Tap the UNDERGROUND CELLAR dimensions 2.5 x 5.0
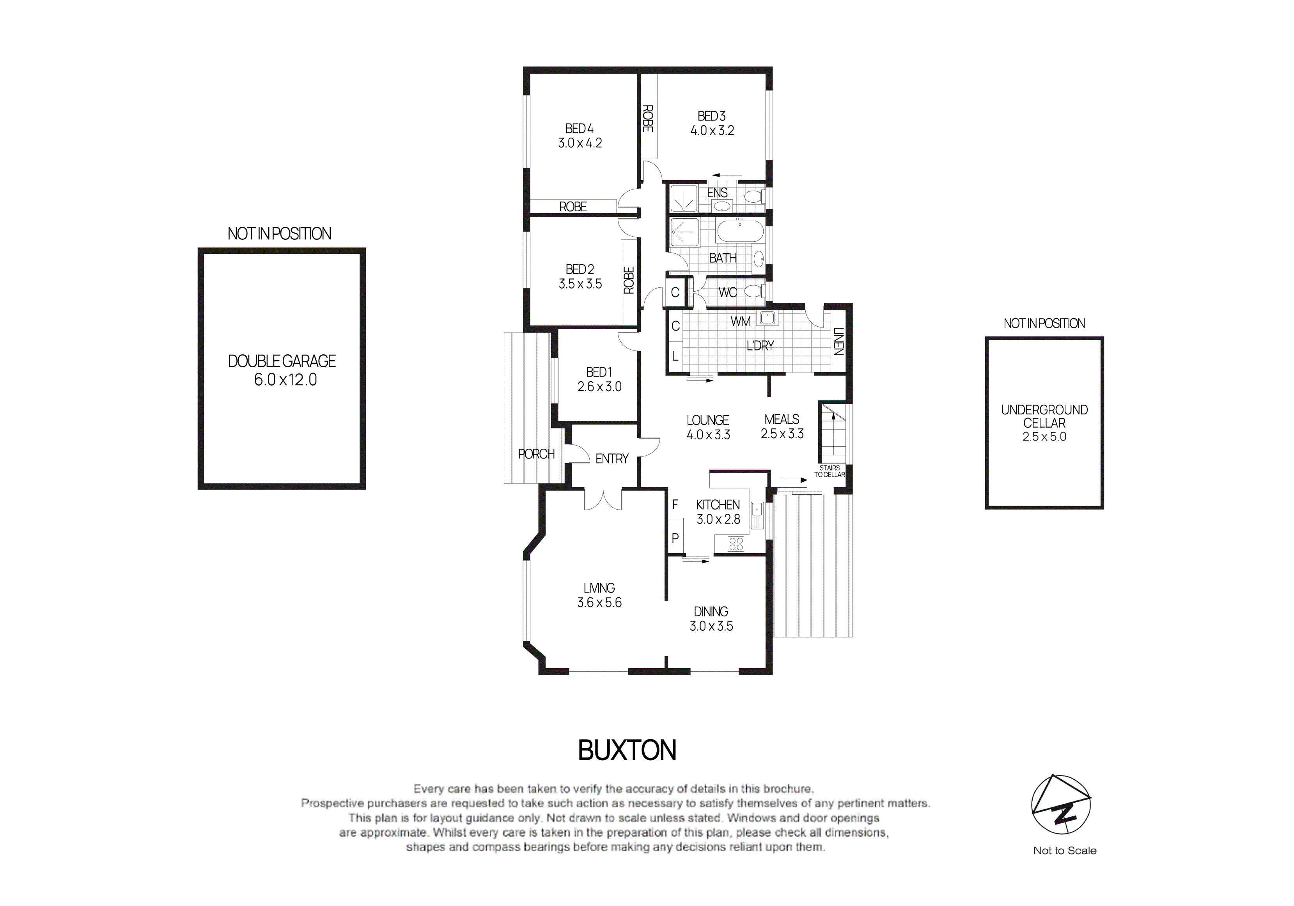coord(1044,437)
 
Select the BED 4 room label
coord(580,129)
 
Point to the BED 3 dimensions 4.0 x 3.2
coord(713,131)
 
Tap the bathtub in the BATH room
coord(739,232)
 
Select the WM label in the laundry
coord(740,322)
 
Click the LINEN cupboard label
coord(838,342)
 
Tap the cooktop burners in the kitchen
coord(736,544)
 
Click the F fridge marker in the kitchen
coord(675,505)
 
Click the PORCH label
coord(536,454)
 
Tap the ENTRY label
coord(612,459)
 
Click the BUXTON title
coord(627,750)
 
